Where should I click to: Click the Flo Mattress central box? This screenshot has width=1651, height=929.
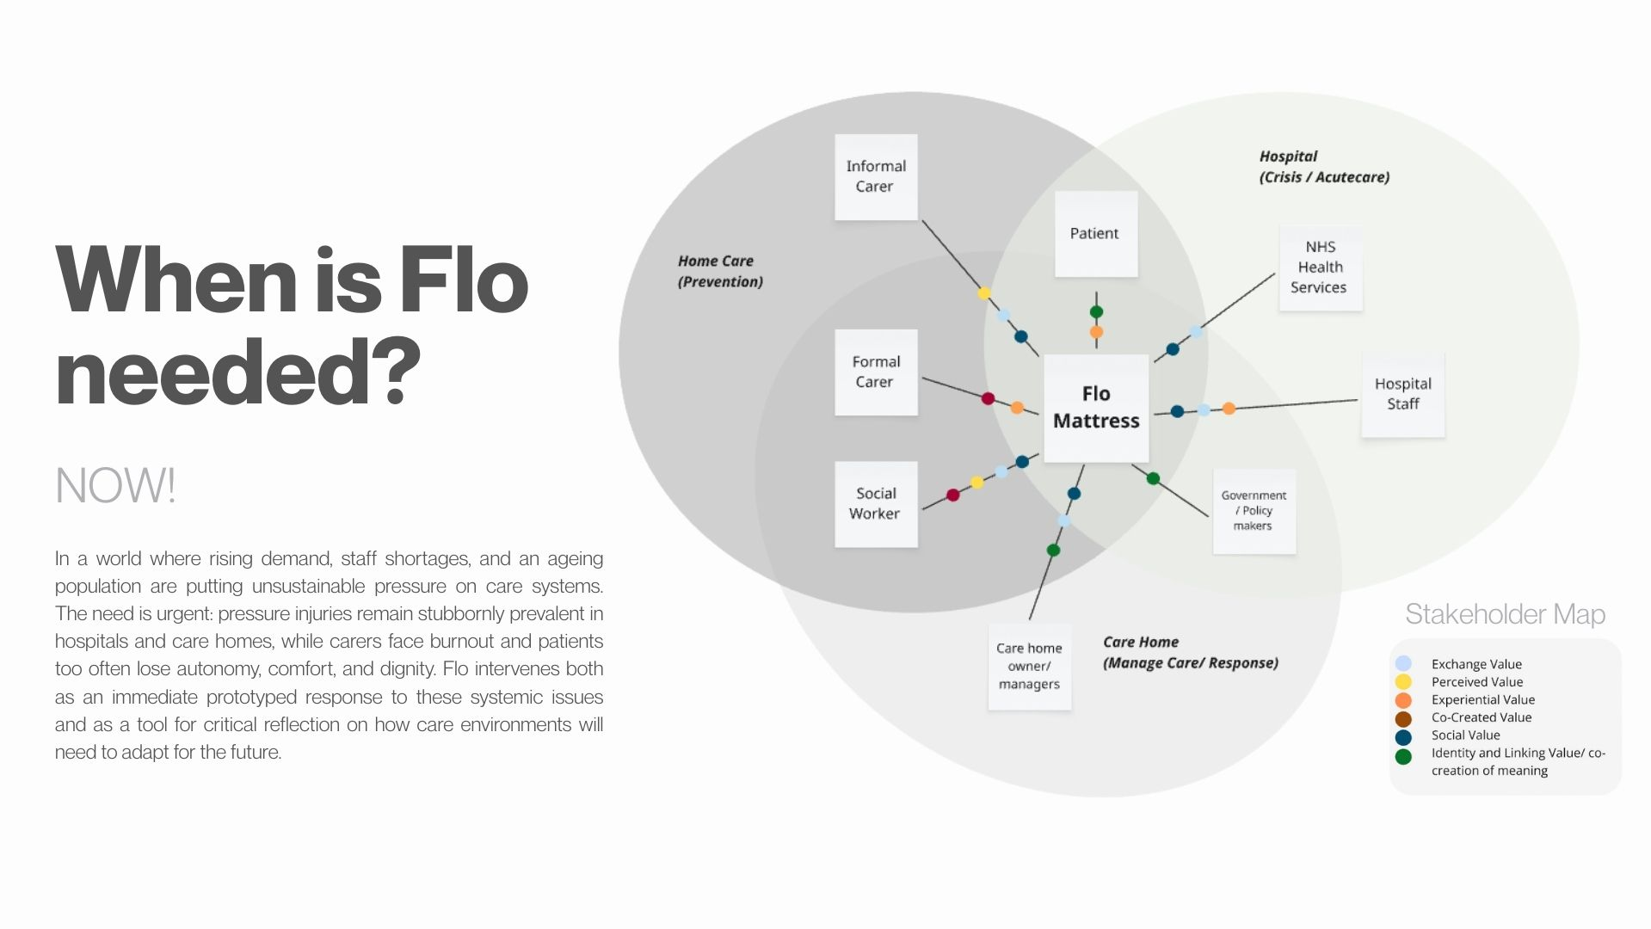click(x=1096, y=408)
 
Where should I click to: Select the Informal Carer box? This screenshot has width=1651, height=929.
click(x=876, y=176)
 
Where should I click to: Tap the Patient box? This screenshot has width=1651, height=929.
click(x=1095, y=233)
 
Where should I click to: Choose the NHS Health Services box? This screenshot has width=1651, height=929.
click(x=1320, y=268)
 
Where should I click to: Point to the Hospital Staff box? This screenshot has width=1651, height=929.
click(x=1402, y=394)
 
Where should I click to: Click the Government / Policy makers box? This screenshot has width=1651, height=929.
click(x=1254, y=511)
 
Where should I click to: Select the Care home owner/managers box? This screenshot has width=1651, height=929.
click(x=1029, y=667)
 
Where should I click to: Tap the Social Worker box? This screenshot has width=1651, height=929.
click(x=875, y=503)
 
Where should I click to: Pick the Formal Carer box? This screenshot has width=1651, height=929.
click(x=875, y=372)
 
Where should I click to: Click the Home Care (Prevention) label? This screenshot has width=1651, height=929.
click(x=719, y=271)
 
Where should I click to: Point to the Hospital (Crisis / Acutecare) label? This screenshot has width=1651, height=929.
click(x=1323, y=167)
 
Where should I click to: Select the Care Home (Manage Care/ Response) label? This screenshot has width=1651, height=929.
click(x=1190, y=653)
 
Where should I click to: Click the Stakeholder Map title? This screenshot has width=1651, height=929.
click(x=1505, y=614)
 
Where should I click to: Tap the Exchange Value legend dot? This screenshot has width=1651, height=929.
click(x=1403, y=663)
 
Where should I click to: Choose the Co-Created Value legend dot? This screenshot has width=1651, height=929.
click(x=1403, y=718)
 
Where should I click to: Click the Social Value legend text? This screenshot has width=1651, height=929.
click(x=1465, y=735)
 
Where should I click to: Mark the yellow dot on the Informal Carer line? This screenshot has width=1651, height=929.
click(x=984, y=293)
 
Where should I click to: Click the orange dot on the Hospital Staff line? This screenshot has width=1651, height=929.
click(x=1229, y=409)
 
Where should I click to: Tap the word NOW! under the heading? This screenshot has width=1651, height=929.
click(x=115, y=486)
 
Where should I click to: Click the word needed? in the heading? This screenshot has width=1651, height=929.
click(x=237, y=372)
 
